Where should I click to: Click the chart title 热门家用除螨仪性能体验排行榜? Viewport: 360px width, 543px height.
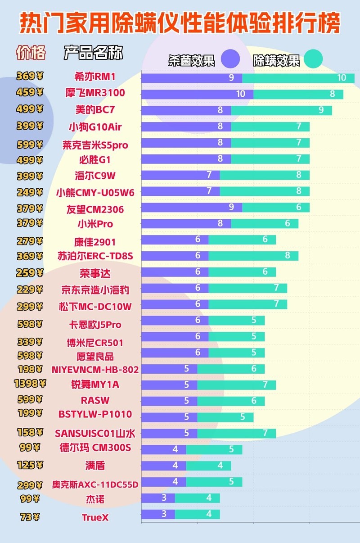point(180,23)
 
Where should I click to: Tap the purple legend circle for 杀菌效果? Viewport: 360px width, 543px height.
point(230,59)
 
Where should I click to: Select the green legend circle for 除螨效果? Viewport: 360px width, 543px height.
point(313,59)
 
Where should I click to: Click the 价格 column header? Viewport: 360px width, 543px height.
point(31,53)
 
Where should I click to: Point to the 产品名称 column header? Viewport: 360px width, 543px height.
point(93,53)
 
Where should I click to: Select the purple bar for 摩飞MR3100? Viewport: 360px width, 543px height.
point(197,94)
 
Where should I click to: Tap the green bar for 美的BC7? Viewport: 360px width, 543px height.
point(281,110)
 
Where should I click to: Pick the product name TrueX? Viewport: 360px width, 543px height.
point(95,518)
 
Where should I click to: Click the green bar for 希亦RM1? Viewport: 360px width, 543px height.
point(298,78)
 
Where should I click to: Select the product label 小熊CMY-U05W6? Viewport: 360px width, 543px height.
point(95,192)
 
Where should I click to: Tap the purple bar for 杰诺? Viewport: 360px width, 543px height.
point(158,498)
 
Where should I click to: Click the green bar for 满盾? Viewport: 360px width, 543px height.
point(208,466)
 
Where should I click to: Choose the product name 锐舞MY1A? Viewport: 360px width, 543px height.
point(95,385)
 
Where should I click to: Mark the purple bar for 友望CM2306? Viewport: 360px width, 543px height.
point(192,208)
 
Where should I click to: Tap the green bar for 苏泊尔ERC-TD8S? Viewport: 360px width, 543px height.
point(253,256)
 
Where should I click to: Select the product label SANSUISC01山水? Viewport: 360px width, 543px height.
point(95,434)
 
